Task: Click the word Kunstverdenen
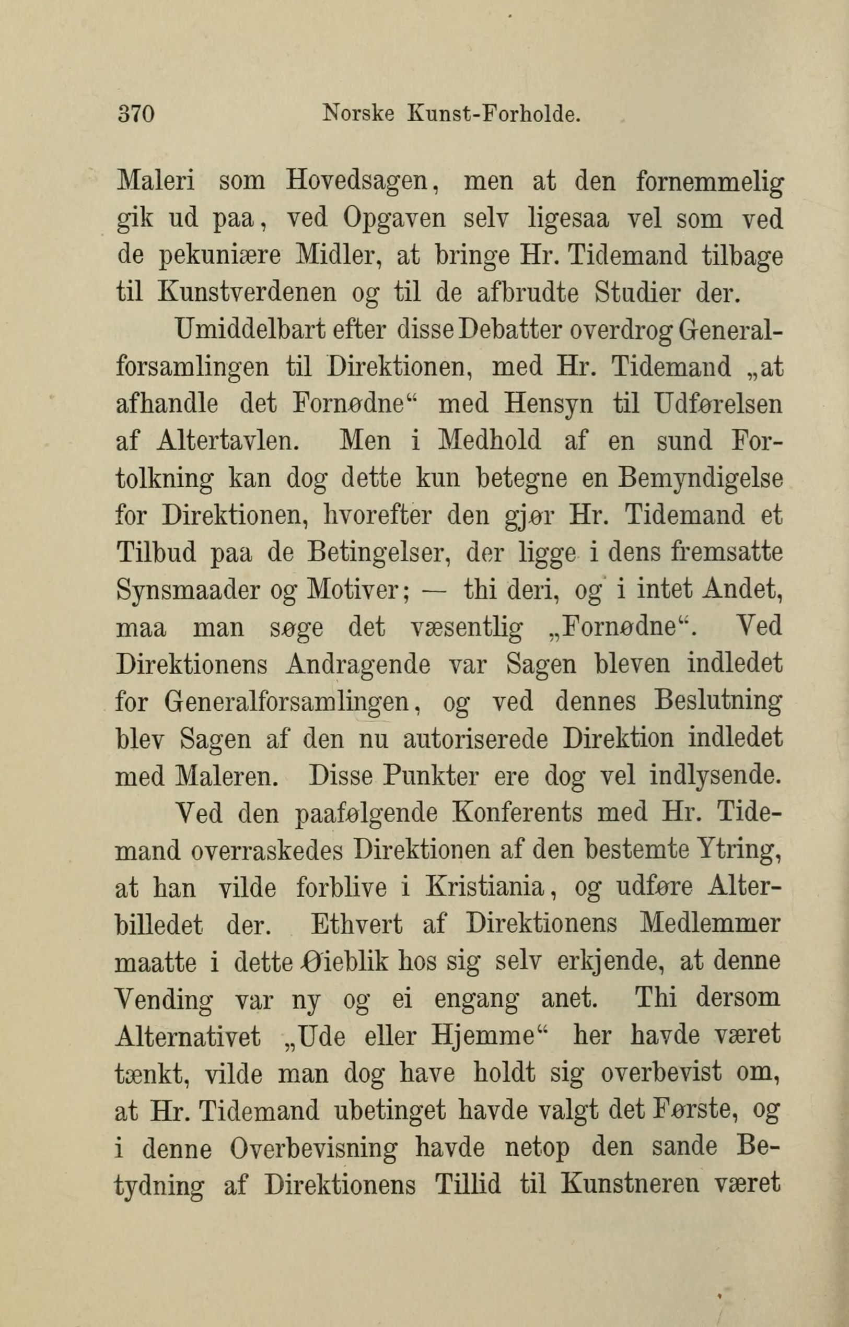[x=247, y=291]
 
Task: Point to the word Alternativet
[x=189, y=1036]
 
